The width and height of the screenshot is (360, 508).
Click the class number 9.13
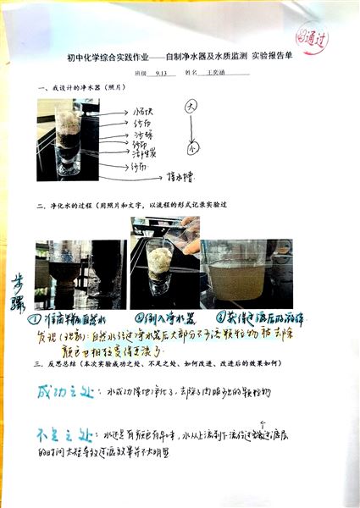point(163,74)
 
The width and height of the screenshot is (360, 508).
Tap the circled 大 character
point(191,107)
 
